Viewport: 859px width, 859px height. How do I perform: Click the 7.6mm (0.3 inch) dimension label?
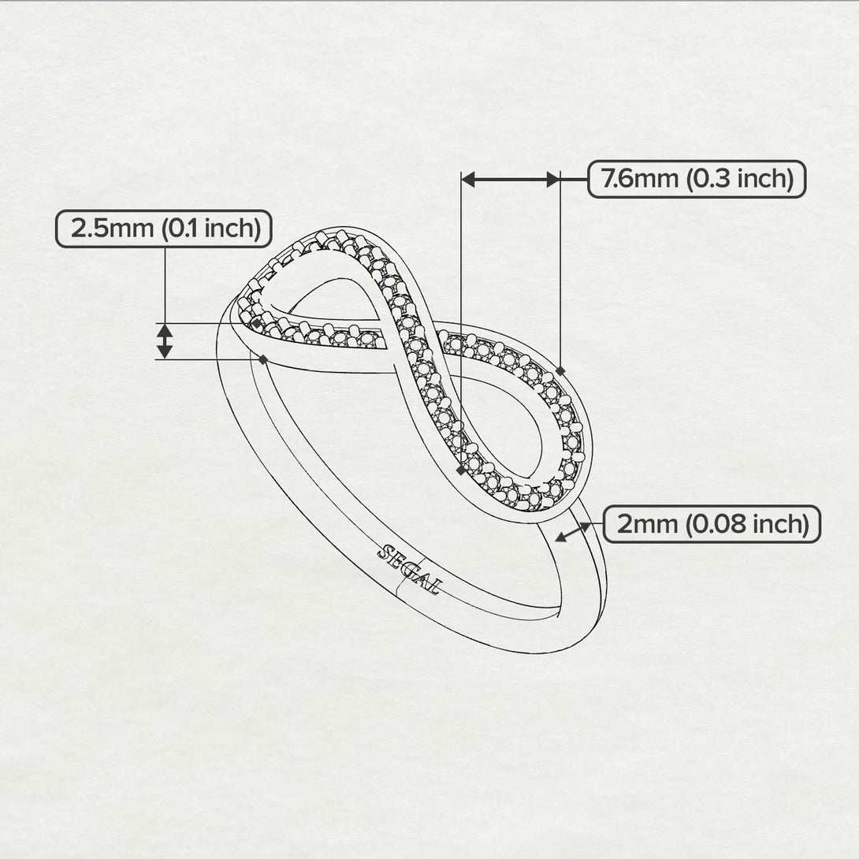point(697,179)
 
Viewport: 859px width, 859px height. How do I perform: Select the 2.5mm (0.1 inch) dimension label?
point(164,229)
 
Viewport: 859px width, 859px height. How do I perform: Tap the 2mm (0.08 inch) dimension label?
point(712,524)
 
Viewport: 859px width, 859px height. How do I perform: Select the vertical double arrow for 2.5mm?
point(164,341)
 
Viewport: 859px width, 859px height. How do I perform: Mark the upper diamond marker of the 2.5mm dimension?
point(256,323)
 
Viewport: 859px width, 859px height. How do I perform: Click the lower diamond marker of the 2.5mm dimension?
point(262,359)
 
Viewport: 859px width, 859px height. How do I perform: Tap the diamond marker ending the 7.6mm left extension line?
point(460,470)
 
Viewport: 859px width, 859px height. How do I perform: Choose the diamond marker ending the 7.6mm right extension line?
point(560,370)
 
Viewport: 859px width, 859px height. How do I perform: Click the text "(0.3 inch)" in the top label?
point(739,179)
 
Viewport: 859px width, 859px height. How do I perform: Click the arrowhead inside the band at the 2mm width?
point(560,537)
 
